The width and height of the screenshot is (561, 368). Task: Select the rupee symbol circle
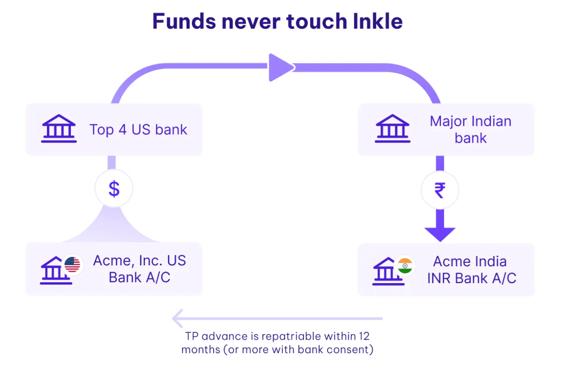pyautogui.click(x=440, y=191)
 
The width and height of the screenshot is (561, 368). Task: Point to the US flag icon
pyautogui.click(x=72, y=264)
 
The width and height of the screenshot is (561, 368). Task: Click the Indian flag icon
pyautogui.click(x=405, y=265)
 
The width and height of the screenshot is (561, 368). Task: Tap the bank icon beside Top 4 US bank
pyautogui.click(x=59, y=129)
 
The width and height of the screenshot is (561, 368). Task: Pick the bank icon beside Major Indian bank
pyautogui.click(x=392, y=129)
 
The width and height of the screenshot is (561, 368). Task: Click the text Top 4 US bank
pyautogui.click(x=138, y=130)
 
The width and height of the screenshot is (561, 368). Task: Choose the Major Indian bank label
pyautogui.click(x=471, y=130)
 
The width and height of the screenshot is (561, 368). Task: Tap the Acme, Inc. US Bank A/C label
pyautogui.click(x=139, y=269)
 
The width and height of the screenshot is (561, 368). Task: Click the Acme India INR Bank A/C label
pyautogui.click(x=471, y=270)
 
